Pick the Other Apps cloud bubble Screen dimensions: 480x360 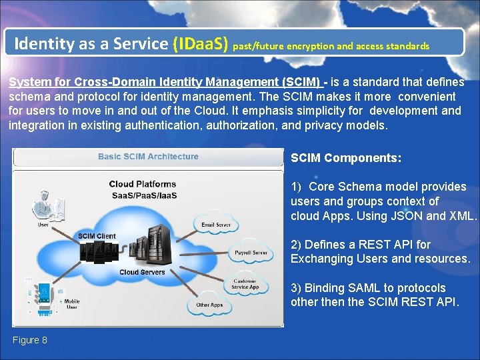[209, 305]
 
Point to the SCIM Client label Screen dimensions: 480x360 [97, 236]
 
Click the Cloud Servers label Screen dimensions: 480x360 [142, 272]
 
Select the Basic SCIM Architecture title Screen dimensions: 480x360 [148, 157]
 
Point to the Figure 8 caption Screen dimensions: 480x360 [29, 340]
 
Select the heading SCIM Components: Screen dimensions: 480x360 [346, 158]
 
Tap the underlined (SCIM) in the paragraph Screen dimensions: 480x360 [303, 82]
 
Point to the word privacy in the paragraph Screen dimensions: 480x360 [317, 125]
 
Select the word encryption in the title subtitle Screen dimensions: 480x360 [309, 47]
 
